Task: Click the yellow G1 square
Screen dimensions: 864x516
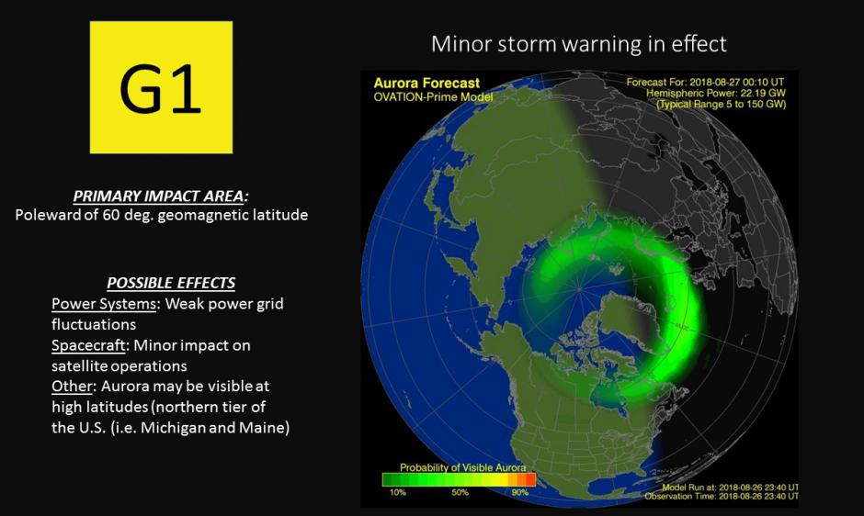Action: click(x=161, y=87)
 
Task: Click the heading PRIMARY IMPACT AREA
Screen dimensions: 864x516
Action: click(x=160, y=196)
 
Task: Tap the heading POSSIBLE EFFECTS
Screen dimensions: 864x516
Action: click(x=171, y=283)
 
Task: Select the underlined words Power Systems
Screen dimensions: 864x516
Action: click(x=104, y=304)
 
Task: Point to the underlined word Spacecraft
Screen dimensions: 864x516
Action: click(x=89, y=346)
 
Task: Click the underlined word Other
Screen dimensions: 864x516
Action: click(x=72, y=386)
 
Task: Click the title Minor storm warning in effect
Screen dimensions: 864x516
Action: click(x=578, y=43)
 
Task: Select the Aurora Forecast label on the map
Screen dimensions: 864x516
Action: click(x=426, y=84)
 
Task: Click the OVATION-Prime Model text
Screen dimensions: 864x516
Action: click(x=433, y=97)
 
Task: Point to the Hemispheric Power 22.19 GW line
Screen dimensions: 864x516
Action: click(x=716, y=93)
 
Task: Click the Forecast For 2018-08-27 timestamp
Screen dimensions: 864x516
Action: click(x=705, y=83)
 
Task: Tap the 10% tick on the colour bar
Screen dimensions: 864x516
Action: click(x=397, y=492)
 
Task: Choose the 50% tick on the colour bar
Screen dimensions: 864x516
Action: click(x=460, y=492)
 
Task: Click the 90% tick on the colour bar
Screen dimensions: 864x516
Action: click(x=519, y=492)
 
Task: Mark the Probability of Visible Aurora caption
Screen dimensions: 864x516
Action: click(x=463, y=467)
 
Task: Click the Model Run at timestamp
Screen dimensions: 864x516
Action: click(x=730, y=488)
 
